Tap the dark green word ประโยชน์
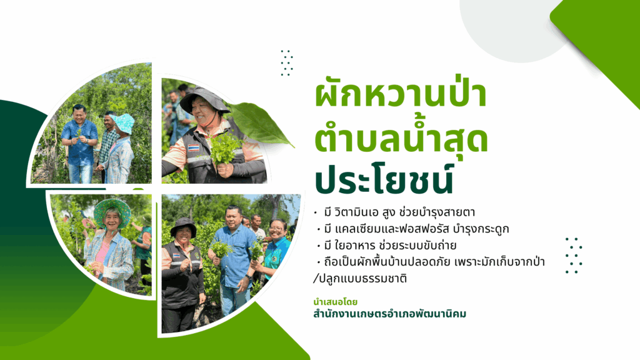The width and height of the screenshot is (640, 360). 384,177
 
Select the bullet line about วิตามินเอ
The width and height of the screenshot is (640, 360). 395,212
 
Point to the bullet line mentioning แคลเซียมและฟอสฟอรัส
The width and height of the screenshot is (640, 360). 412,229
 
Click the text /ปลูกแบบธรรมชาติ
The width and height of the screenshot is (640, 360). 360,279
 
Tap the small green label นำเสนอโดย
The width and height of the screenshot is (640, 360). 335,302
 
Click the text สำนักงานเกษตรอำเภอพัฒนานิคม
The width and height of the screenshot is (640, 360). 389,314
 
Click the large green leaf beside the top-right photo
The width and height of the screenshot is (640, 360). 261,123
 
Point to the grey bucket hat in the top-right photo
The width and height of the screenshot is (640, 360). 204,98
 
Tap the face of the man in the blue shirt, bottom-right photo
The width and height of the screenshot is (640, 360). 234,218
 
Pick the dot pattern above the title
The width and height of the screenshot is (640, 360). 286,63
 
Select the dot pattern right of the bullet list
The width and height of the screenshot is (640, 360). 574,255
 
